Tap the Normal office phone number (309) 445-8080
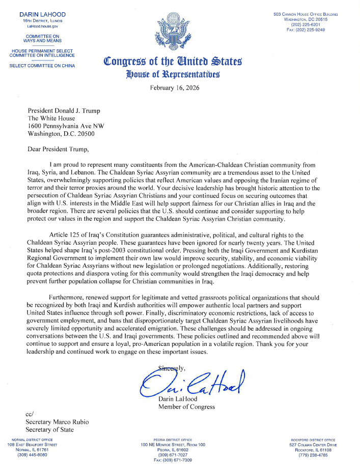coord(32,454)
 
